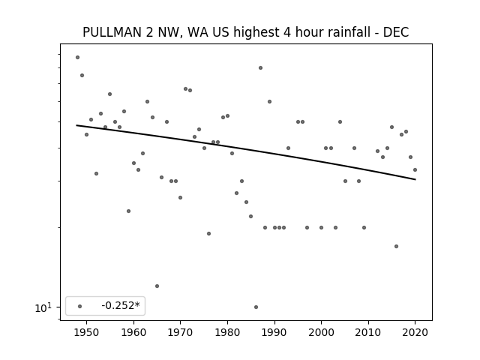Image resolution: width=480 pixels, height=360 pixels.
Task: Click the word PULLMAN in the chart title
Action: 112,32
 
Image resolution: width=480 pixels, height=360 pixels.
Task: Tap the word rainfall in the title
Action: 351,32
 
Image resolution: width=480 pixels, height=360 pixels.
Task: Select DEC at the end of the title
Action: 396,32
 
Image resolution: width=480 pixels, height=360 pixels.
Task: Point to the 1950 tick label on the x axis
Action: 87,332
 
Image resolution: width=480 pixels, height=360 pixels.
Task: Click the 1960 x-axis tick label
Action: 133,332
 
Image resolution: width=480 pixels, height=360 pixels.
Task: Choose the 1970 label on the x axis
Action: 181,332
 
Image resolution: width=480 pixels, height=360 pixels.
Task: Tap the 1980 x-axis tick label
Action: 227,332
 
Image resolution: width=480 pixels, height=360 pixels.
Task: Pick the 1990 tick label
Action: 274,332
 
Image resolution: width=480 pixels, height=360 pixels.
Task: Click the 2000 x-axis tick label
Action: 322,332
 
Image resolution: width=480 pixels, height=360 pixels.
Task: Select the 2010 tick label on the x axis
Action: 368,332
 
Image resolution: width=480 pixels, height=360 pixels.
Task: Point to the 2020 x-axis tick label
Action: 415,332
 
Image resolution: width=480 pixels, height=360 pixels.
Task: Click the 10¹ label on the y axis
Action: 43,307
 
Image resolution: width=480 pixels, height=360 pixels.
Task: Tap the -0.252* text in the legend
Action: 121,305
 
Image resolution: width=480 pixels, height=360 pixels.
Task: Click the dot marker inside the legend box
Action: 80,306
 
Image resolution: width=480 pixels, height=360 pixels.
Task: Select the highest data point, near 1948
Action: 78,57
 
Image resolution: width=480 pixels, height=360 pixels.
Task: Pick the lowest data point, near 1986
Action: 256,307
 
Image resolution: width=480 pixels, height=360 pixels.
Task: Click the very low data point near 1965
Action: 157,286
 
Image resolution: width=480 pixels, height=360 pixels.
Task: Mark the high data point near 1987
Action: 260,68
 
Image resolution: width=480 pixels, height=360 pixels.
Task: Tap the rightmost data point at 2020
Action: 415,170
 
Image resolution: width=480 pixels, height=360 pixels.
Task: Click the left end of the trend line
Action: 76,125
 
